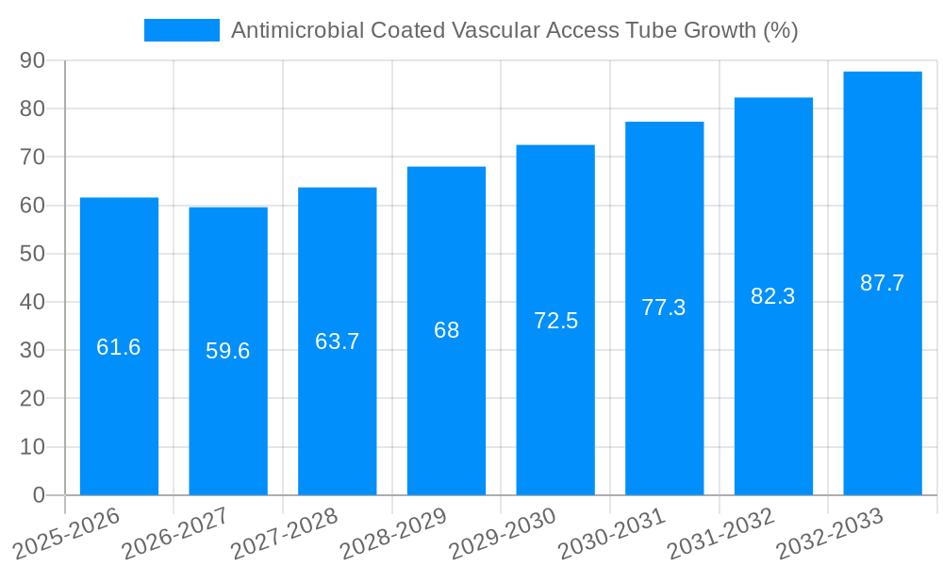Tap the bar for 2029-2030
pos(555,396)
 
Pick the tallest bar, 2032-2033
pos(883,377)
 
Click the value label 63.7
pos(338,341)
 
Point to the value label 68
pos(446,330)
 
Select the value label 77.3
pos(664,308)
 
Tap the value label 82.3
pos(773,296)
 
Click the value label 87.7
pos(883,283)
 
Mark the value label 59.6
pos(228,351)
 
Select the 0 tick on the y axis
pos(39,495)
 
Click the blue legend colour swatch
pos(181,30)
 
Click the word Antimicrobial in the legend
pos(290,30)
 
